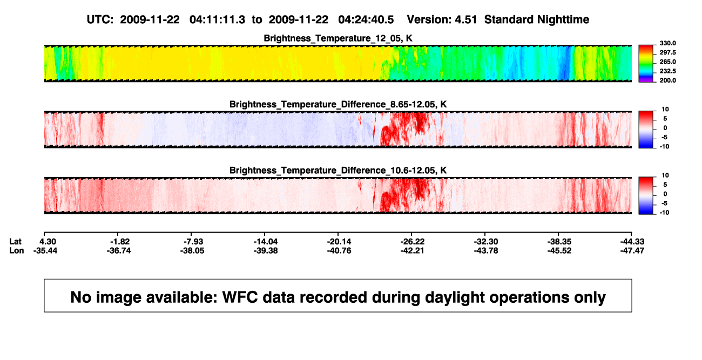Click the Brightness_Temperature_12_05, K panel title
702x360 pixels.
pyautogui.click(x=338, y=38)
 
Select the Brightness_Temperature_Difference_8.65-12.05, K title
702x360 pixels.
pyautogui.click(x=338, y=104)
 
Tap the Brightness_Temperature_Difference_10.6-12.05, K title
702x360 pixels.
pyautogui.click(x=338, y=171)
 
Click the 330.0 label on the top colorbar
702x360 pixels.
pyautogui.click(x=667, y=43)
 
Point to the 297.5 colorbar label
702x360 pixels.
pyautogui.click(x=667, y=52)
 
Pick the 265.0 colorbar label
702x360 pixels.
pyautogui.click(x=667, y=62)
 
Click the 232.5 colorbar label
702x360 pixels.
pyautogui.click(x=667, y=71)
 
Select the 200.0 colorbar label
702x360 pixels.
pyautogui.click(x=667, y=80)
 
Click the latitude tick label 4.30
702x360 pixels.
pyautogui.click(x=48, y=242)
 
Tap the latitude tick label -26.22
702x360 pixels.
pyautogui.click(x=412, y=242)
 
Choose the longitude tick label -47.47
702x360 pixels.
pyautogui.click(x=632, y=250)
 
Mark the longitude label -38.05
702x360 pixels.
pyautogui.click(x=192, y=250)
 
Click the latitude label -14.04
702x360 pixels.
pyautogui.click(x=266, y=242)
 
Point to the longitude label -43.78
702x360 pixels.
pyautogui.click(x=486, y=250)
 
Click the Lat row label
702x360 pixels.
pyautogui.click(x=15, y=242)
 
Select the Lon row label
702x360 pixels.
pyautogui.click(x=17, y=250)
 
